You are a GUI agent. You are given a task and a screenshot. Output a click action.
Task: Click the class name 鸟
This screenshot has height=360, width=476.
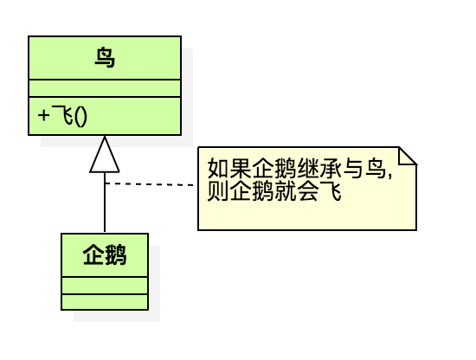coord(105,58)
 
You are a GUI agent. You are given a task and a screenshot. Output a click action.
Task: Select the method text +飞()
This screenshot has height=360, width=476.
coord(62,116)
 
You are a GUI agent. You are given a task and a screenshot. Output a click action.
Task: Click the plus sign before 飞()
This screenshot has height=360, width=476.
coord(43,116)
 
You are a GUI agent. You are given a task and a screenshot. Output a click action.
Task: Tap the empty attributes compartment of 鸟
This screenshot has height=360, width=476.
coord(105,88)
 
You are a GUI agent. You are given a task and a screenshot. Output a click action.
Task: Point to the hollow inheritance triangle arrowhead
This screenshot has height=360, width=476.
coord(105,155)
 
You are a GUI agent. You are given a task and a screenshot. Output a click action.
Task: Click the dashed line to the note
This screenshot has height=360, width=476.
coord(150,184)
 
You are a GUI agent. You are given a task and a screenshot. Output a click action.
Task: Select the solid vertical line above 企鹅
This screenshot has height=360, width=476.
coord(105,202)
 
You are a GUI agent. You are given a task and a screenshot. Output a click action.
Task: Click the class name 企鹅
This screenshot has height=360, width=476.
coord(105,255)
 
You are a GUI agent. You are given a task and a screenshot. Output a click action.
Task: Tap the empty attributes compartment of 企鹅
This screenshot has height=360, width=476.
coord(105,286)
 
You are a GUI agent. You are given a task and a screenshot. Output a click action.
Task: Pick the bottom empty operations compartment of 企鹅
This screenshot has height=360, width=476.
coord(105,302)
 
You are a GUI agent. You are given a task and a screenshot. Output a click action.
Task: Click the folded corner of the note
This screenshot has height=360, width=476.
coord(408,156)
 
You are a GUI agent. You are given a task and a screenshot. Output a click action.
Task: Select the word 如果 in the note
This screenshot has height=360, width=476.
coord(229,168)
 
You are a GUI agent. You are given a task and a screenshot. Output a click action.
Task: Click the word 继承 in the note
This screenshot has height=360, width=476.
coord(320,168)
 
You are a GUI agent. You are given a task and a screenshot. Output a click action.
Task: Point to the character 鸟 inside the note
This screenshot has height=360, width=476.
coord(376,168)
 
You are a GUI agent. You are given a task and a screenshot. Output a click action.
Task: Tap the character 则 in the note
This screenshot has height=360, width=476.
coord(218,191)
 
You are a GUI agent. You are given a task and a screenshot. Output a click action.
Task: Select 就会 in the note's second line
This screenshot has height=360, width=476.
coord(297,191)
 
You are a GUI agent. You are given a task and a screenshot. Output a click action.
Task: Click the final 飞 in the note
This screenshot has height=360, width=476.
coord(331,191)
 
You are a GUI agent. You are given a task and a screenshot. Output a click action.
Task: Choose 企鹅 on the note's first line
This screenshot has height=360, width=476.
coord(274,168)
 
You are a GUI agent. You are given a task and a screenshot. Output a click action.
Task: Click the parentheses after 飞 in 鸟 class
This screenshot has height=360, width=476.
coord(80,117)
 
